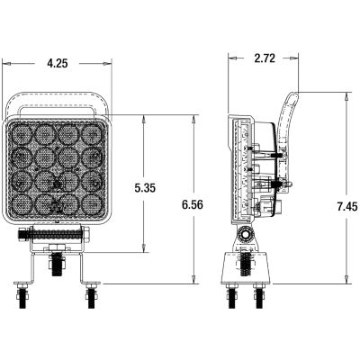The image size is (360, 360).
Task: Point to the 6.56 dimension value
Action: point(191,205)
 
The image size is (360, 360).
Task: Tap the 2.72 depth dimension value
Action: point(265,58)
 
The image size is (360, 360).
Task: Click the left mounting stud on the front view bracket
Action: point(22,292)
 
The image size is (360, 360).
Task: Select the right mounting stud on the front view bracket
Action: point(90,292)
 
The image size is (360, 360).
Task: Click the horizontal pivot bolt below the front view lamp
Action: point(56,238)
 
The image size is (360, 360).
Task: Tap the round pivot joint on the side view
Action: point(244,238)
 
